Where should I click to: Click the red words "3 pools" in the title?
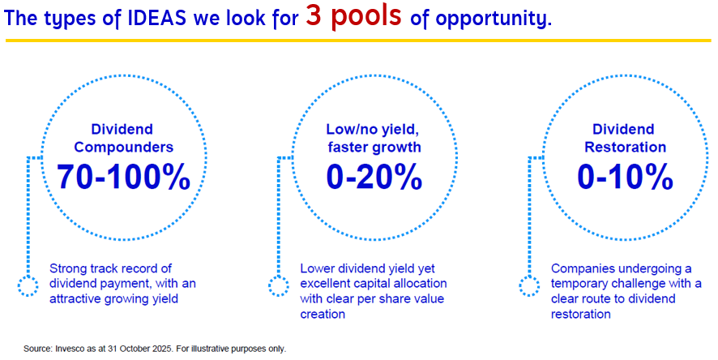click(x=353, y=16)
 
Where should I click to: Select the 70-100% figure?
click(x=124, y=177)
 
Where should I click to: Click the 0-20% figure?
click(x=374, y=177)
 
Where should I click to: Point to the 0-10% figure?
click(x=625, y=177)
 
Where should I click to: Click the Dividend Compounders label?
click(x=124, y=138)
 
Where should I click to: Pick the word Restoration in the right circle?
click(x=625, y=147)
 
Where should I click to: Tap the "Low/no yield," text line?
click(x=372, y=130)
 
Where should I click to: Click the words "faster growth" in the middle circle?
click(x=374, y=147)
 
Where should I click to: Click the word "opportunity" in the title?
click(x=493, y=19)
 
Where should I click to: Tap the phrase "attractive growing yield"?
click(x=113, y=299)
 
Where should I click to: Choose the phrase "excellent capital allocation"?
click(x=374, y=284)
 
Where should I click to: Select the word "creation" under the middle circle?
click(x=323, y=315)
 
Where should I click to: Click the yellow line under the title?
click(x=358, y=41)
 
